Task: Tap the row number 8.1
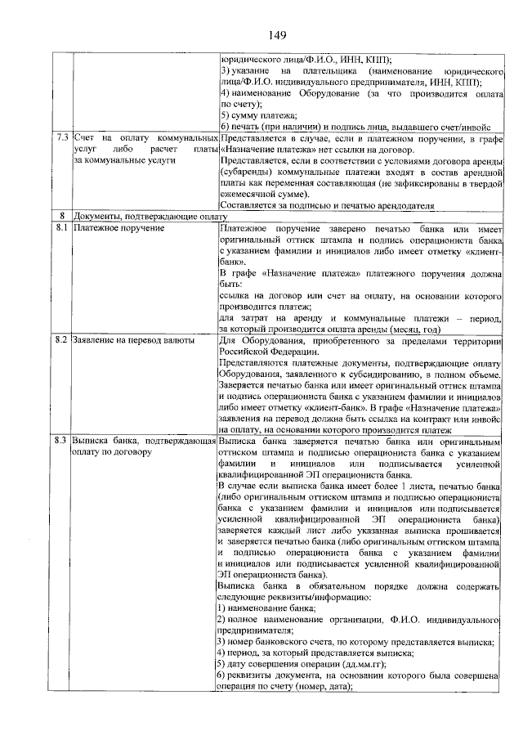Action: click(59, 226)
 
